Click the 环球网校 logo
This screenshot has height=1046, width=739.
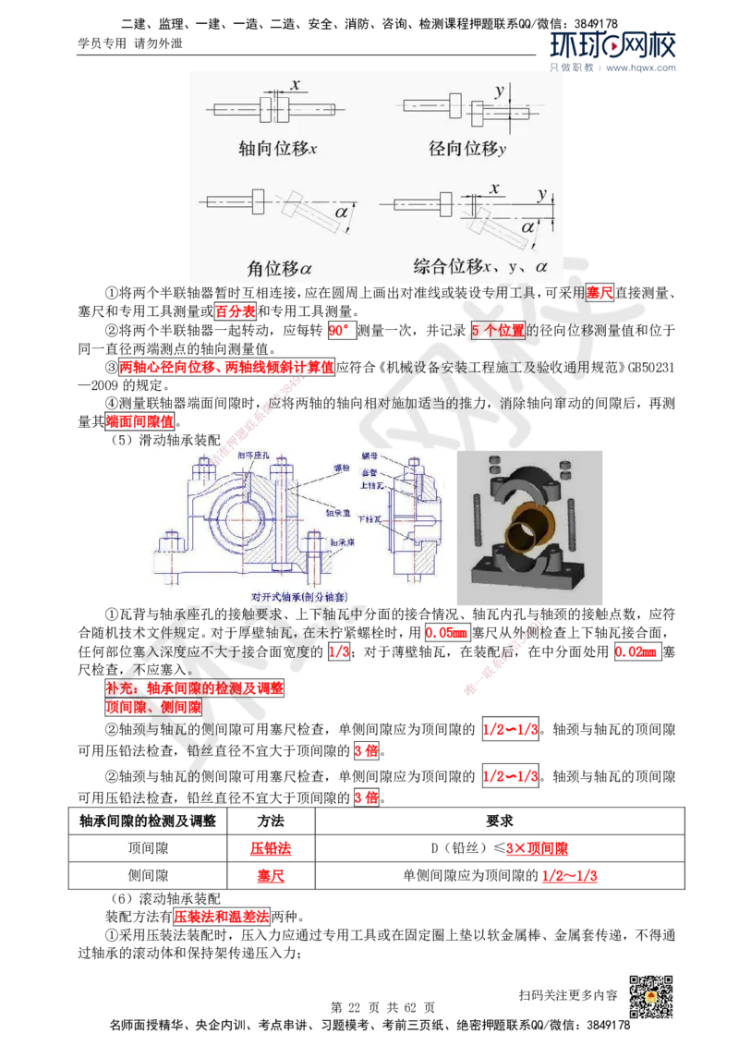613,52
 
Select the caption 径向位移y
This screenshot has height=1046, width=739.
467,148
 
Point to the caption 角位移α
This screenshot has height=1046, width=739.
279,269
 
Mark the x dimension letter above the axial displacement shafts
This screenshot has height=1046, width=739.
295,85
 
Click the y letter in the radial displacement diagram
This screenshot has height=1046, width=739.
500,91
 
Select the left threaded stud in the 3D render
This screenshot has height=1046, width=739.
478,522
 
